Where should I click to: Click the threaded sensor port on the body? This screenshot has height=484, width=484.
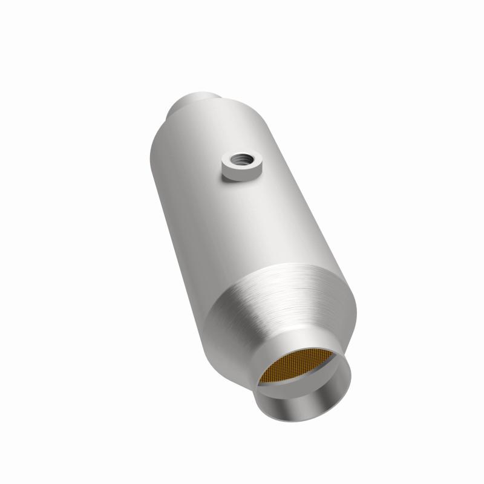tap(240, 166)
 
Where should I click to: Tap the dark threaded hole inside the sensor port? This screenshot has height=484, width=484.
tap(241, 160)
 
